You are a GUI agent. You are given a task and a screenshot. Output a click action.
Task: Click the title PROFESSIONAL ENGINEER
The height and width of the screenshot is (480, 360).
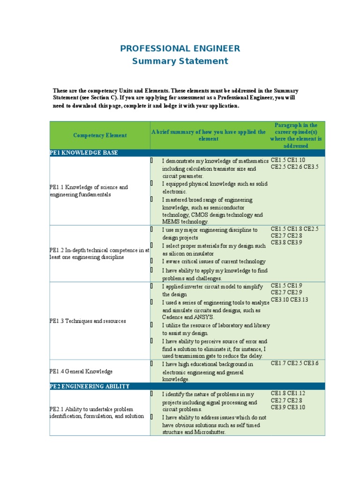pos(180,48)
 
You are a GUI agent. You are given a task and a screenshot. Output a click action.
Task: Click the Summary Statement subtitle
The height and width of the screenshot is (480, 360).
pos(180,61)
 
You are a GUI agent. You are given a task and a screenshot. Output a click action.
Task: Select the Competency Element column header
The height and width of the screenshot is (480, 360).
pos(100,135)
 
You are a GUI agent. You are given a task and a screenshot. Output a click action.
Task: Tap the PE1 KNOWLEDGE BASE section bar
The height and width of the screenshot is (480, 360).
pos(84,153)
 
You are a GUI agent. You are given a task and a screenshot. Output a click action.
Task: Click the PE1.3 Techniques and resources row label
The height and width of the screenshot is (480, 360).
pos(88,321)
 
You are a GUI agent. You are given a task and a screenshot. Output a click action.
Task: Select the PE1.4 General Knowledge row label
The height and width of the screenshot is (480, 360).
pos(81,371)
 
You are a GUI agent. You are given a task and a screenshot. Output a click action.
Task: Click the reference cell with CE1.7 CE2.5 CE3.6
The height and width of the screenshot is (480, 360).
pos(294,363)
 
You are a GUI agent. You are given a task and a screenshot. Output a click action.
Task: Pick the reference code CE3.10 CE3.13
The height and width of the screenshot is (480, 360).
pos(289,300)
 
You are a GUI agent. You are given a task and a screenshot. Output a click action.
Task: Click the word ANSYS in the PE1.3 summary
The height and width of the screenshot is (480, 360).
pos(201,317)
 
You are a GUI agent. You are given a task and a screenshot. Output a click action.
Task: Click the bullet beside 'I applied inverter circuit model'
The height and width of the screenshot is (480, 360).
pos(152,286)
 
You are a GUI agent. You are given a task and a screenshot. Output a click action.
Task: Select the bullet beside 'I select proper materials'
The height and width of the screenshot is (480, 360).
pos(152,245)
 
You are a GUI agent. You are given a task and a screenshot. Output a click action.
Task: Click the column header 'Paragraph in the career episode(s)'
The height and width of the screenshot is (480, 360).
pos(296,135)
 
